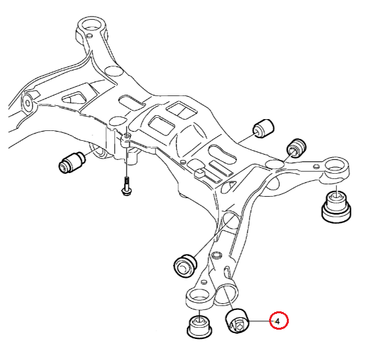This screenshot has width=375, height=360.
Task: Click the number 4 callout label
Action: click(278, 321)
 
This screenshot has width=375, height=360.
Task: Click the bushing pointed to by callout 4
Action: click(238, 321)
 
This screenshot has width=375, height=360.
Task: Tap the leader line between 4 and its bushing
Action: click(261, 321)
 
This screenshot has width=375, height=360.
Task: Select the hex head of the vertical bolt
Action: click(126, 192)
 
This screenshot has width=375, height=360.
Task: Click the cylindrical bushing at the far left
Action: click(72, 162)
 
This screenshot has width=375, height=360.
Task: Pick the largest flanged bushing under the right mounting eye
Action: click(336, 207)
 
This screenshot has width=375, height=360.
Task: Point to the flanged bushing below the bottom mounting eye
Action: click(199, 326)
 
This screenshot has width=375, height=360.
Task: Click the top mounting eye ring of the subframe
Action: click(91, 26)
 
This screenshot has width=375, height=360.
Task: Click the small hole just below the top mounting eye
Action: click(89, 36)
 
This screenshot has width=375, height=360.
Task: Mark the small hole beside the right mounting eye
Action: click(316, 167)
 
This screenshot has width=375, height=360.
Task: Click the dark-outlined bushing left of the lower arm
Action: click(186, 266)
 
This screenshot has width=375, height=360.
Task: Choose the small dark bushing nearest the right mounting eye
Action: click(297, 147)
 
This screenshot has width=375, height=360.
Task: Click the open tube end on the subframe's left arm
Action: click(28, 103)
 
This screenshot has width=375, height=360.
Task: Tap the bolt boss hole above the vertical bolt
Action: click(127, 136)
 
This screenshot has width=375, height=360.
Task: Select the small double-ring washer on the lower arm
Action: click(217, 255)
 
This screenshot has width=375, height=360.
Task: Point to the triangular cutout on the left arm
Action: click(73, 98)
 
